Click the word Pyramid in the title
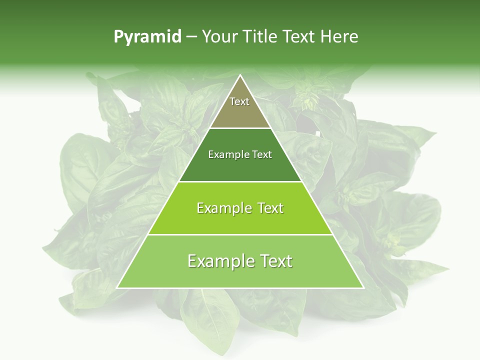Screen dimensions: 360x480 coord(147,37)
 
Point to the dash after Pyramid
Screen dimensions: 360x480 coord(191,37)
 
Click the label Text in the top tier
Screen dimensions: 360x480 coord(239,101)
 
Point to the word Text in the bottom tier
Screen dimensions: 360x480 coord(273,261)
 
